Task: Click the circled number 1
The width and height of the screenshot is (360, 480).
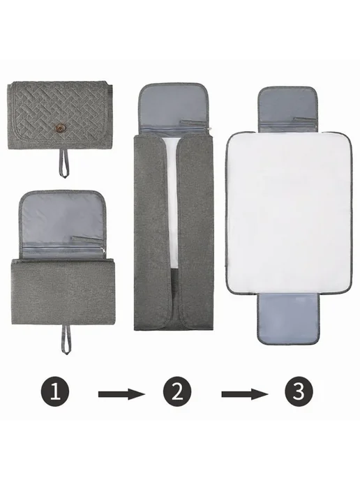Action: [x=55, y=391]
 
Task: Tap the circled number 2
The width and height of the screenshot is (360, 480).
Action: [x=177, y=391]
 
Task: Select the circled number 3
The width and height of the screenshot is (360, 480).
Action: [x=299, y=391]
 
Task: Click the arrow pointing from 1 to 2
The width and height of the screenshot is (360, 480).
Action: [x=121, y=394]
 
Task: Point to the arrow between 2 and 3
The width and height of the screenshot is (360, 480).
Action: [x=245, y=394]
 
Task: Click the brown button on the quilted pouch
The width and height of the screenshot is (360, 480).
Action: [x=58, y=127]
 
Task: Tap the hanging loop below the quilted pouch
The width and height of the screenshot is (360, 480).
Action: [x=63, y=163]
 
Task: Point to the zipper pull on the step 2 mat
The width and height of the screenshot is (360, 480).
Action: [x=211, y=130]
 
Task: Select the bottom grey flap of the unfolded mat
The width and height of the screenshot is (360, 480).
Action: [x=288, y=319]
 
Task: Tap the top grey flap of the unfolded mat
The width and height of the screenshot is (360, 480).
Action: [x=287, y=110]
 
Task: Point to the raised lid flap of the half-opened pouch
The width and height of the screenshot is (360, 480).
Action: [x=63, y=223]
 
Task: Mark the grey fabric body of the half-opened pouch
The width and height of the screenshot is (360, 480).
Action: [x=63, y=292]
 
